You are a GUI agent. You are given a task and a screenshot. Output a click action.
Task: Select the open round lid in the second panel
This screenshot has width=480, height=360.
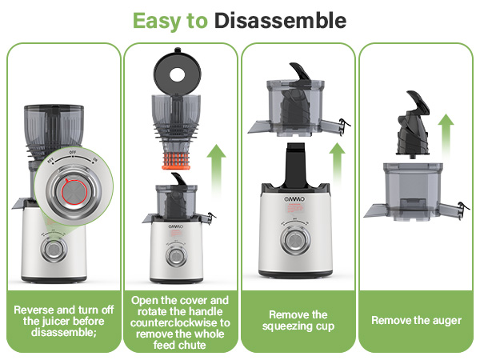coord(180,70)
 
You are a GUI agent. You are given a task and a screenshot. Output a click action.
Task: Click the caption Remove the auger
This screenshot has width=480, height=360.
coord(416,321)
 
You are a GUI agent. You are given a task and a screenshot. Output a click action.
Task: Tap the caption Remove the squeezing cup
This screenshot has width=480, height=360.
coord(298,321)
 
